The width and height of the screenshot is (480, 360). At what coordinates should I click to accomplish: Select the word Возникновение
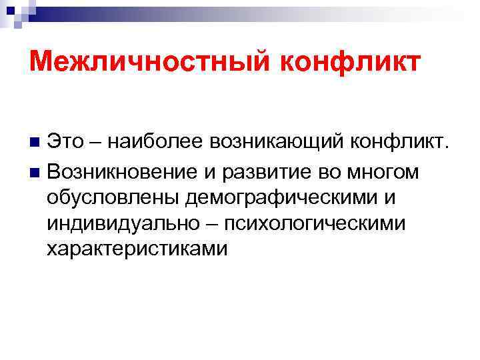[x=121, y=171]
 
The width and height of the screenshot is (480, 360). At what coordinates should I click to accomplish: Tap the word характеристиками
[x=137, y=249]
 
